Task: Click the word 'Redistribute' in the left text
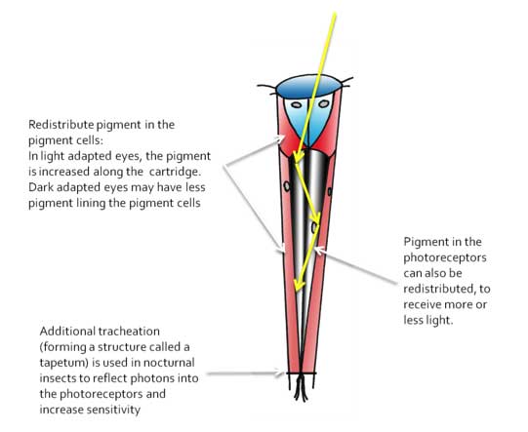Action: tap(61, 125)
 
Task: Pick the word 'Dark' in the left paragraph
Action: tap(41, 187)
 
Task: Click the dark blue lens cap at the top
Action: tap(309, 87)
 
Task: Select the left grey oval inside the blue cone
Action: tap(296, 105)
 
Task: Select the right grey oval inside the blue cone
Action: tap(324, 104)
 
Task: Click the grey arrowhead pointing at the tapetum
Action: tap(280, 373)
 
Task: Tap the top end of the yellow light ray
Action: tap(335, 14)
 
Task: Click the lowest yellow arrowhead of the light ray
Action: tap(299, 285)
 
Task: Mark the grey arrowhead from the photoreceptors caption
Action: tap(319, 251)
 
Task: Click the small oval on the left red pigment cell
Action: tap(287, 186)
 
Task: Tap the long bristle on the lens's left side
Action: tap(267, 87)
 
